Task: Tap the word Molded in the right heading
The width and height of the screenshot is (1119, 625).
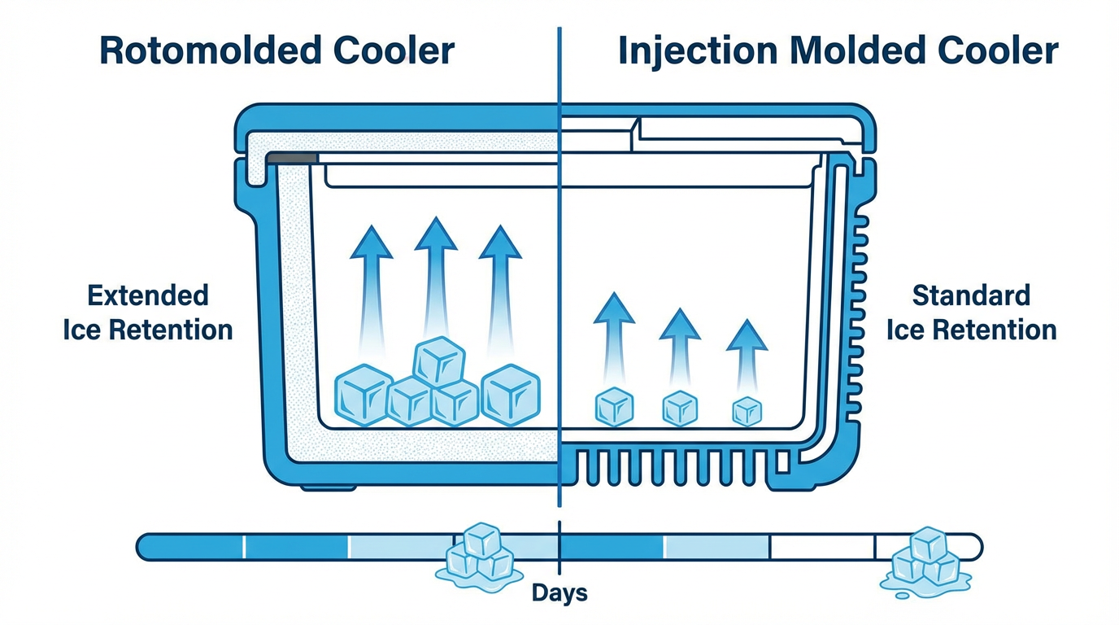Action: (846, 50)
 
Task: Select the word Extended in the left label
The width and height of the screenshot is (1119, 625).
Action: (148, 295)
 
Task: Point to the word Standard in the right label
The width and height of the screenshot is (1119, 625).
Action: (971, 295)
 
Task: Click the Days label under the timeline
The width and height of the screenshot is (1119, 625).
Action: (559, 592)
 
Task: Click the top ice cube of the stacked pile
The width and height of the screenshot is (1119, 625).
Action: (439, 361)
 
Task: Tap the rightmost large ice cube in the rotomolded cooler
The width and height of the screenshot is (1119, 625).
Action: (511, 395)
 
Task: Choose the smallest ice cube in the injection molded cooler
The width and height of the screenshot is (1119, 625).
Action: (746, 412)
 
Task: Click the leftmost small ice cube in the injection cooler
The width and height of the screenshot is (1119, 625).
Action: (615, 407)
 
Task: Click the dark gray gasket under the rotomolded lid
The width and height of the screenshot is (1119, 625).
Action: (290, 157)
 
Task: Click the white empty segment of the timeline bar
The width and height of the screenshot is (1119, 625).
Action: (821, 546)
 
